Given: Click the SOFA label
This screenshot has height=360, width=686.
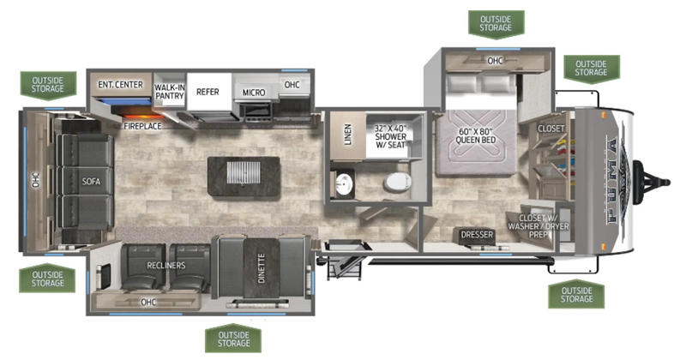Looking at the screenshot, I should (x=92, y=182).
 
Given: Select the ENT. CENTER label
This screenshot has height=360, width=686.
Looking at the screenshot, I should (x=119, y=84).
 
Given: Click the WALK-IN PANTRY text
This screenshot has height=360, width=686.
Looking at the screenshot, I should (x=169, y=92).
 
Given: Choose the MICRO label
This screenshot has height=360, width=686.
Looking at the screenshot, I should (x=252, y=93).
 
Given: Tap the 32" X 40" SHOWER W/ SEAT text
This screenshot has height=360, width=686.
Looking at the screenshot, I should (x=393, y=137).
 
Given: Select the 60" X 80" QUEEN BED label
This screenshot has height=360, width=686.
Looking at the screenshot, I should (x=476, y=135).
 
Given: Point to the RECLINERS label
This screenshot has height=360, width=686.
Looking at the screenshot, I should (x=166, y=266).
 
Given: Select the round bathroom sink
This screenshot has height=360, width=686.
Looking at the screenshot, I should (x=344, y=183).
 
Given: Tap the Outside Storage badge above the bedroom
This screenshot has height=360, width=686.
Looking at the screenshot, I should (x=496, y=22).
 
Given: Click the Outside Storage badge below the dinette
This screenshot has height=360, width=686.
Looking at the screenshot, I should (x=233, y=339).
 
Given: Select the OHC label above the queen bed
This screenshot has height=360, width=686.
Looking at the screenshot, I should (x=495, y=61).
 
